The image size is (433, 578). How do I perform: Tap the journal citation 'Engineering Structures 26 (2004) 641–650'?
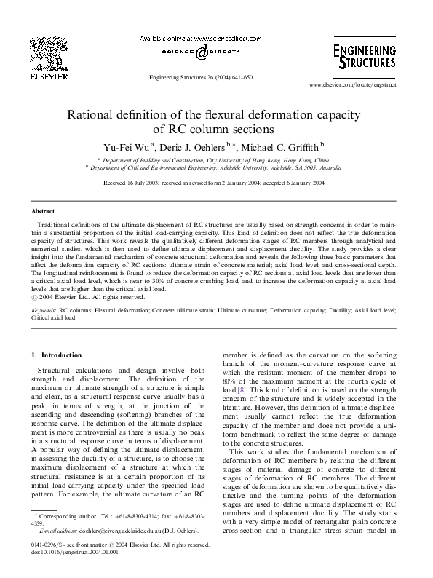coord(200,77)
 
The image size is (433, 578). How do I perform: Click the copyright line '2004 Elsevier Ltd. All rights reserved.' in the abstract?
coord(91,297)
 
